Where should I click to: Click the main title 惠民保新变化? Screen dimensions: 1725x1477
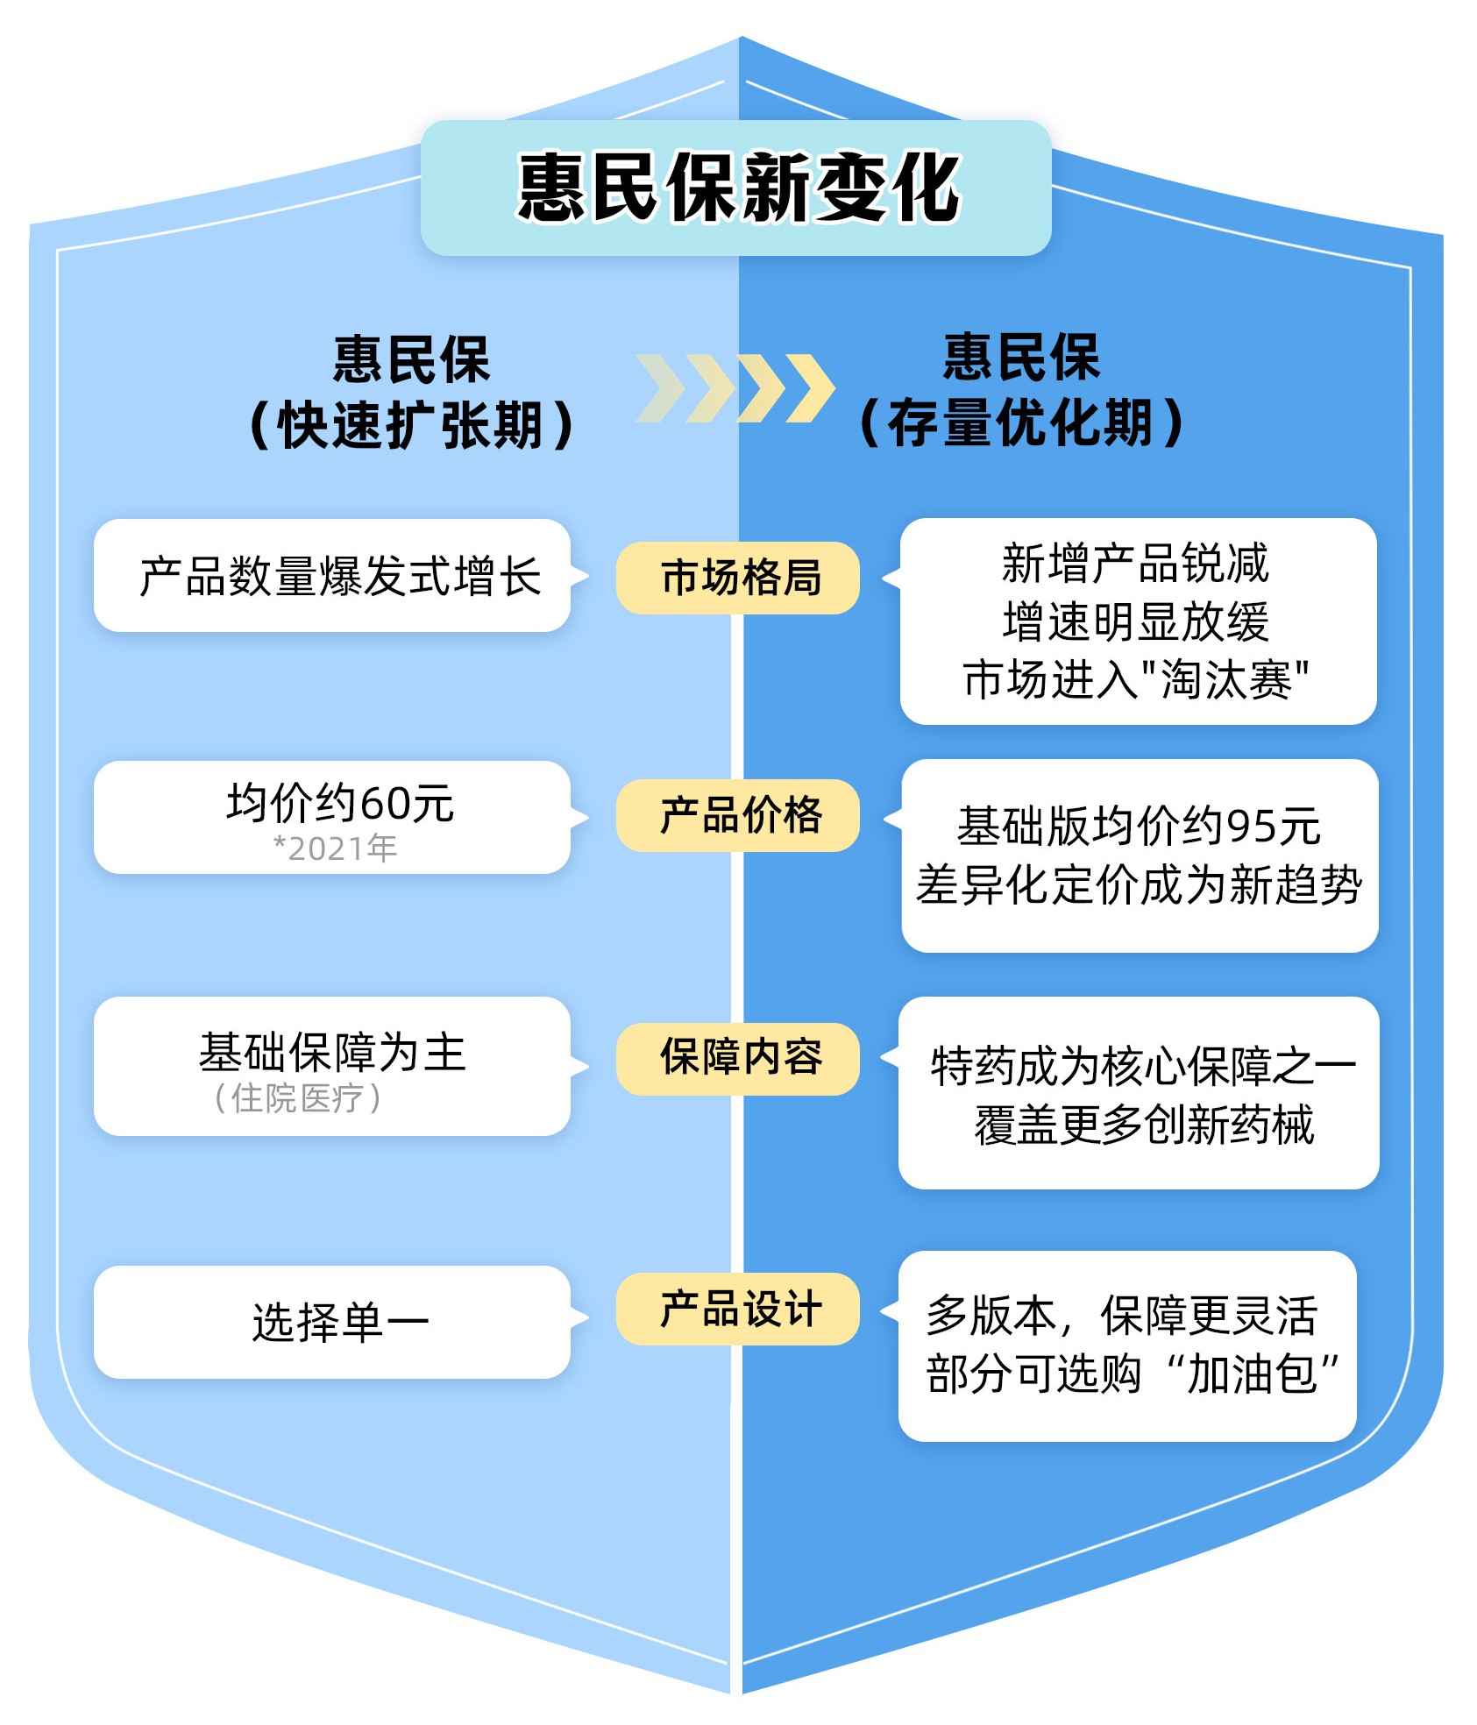738,187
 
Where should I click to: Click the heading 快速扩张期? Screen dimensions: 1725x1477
411,425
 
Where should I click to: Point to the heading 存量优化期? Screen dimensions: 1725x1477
1021,422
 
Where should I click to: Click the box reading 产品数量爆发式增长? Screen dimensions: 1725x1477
340,577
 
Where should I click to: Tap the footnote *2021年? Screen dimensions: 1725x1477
336,848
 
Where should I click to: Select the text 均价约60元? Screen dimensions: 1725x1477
340,803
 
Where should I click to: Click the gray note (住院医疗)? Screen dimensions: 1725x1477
297,1098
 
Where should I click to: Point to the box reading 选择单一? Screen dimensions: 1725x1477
340,1322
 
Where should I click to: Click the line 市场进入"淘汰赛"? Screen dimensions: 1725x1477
1137,680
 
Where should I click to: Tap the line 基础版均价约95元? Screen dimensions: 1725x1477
1139,826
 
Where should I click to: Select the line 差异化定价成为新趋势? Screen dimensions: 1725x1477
1139,884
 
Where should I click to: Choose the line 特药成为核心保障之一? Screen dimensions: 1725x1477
1142,1067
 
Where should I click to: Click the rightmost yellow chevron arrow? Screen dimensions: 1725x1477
809,388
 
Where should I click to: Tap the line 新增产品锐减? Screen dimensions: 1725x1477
1135,563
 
